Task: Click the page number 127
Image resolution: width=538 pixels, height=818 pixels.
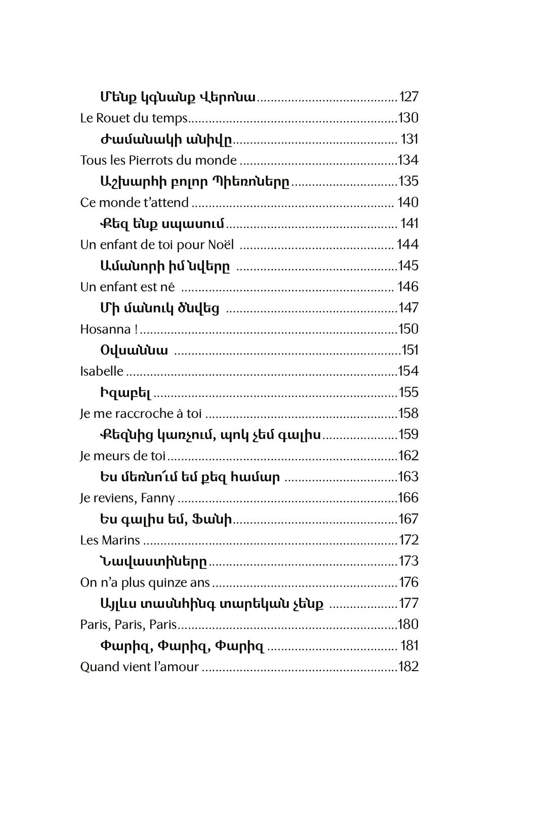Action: (x=409, y=97)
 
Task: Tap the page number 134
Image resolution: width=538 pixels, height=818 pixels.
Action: (x=408, y=160)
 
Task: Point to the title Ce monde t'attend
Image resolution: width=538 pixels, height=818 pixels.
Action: (x=134, y=203)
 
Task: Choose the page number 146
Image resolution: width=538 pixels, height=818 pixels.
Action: (x=408, y=287)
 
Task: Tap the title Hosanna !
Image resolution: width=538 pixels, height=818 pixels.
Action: (x=109, y=329)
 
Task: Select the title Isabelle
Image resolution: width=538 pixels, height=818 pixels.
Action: (x=102, y=371)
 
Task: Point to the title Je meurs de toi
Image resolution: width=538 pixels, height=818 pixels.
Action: (x=123, y=456)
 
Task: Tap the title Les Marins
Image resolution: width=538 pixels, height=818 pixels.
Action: (x=110, y=540)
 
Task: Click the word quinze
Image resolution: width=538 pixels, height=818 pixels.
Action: (x=167, y=583)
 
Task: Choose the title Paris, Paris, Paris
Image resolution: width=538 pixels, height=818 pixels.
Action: (x=129, y=625)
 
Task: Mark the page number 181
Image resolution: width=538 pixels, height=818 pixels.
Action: (x=409, y=646)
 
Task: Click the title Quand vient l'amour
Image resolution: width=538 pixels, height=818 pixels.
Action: (x=139, y=667)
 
